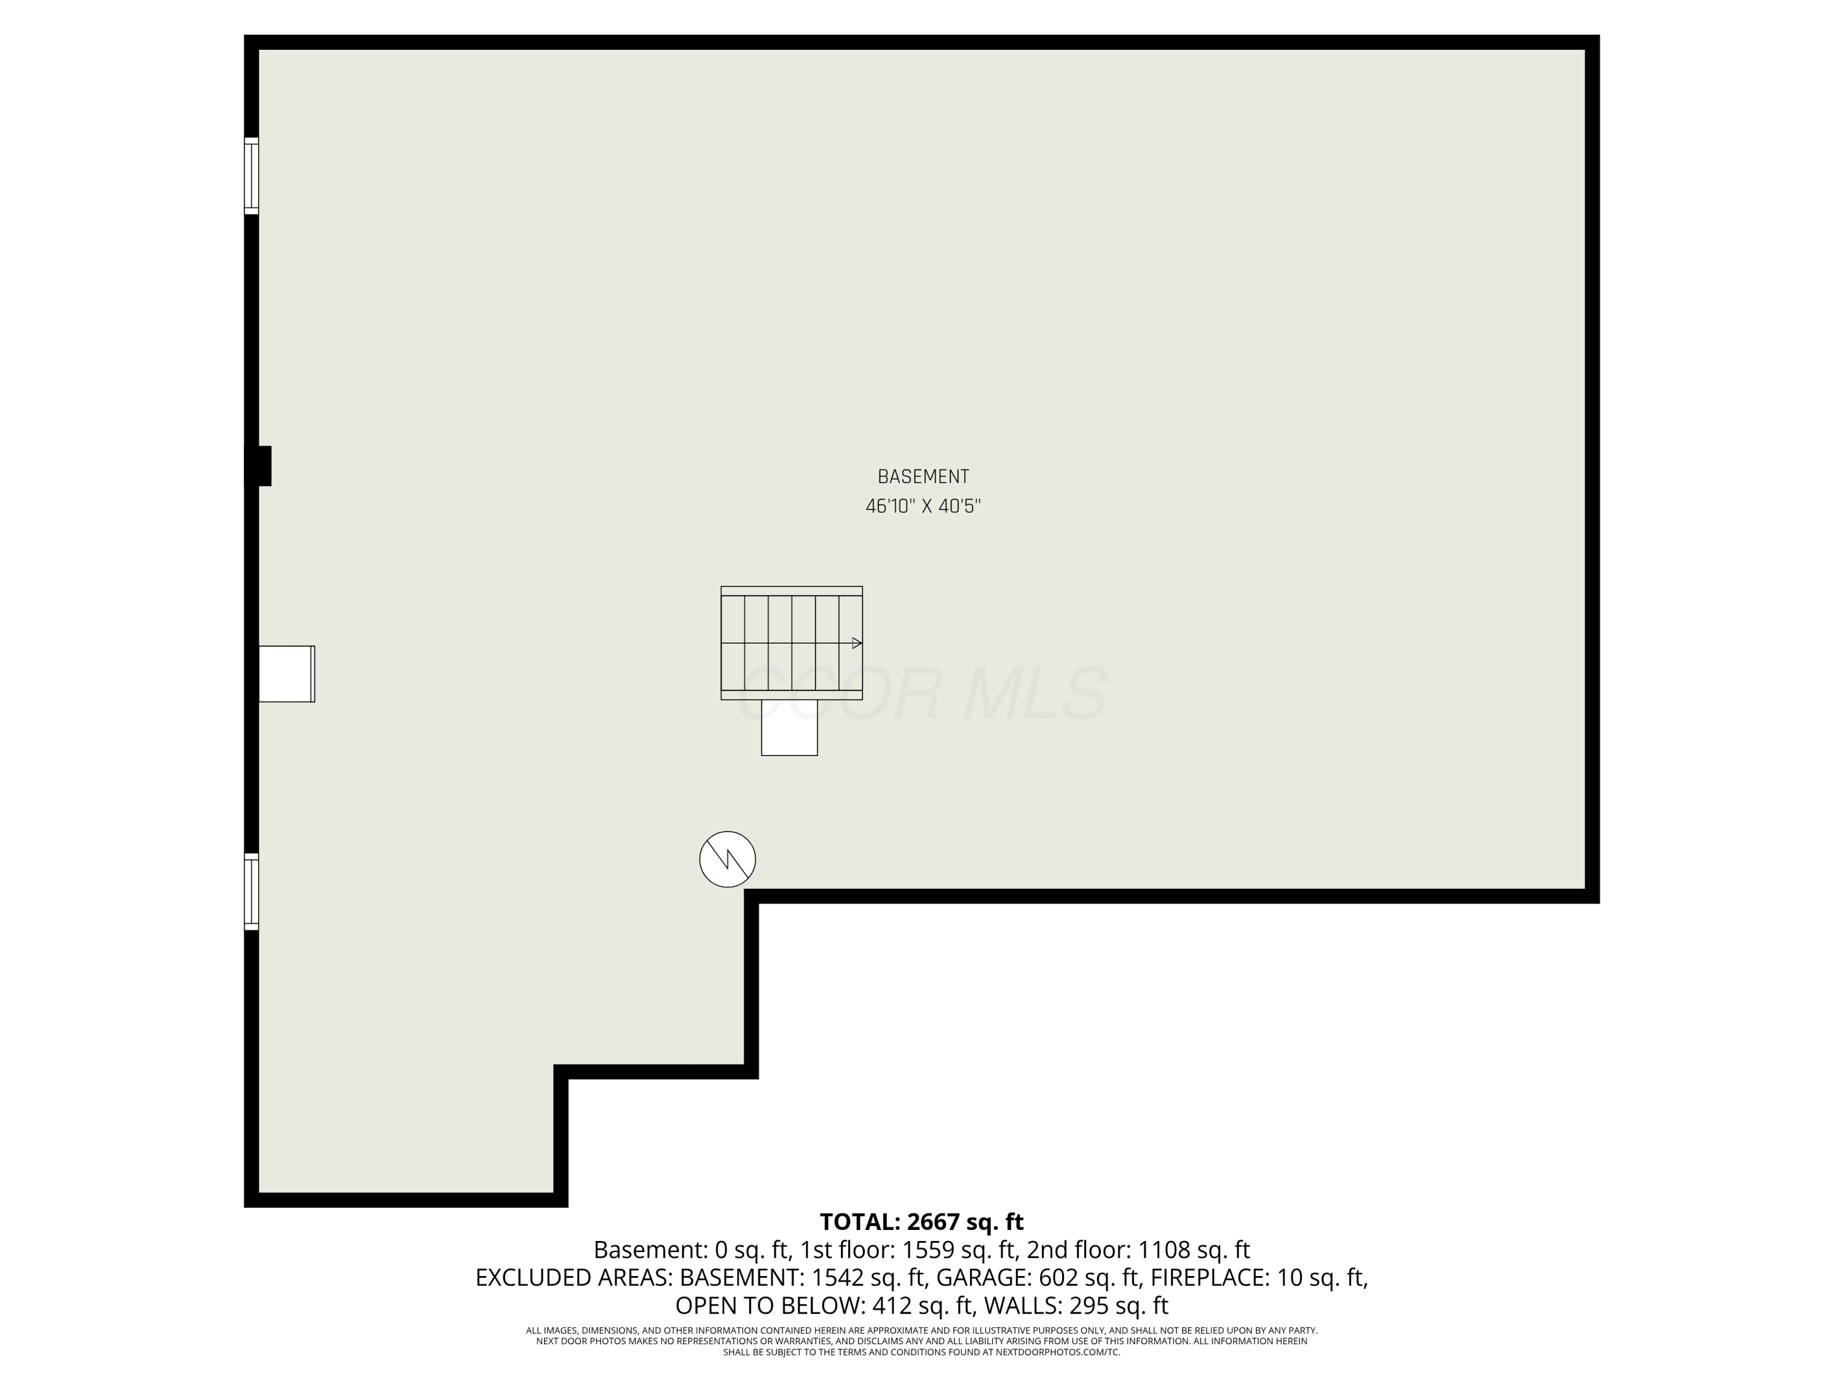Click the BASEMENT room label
[923, 477]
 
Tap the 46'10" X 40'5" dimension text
[923, 506]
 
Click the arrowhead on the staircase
[857, 643]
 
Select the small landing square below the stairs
[789, 728]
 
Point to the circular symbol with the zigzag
[728, 859]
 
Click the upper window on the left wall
[251, 176]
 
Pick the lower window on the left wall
[251, 891]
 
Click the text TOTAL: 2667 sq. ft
[921, 1222]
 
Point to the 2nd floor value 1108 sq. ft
[1194, 1250]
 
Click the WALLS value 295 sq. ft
[1117, 1306]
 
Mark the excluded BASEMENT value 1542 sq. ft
[867, 1278]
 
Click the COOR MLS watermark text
[923, 693]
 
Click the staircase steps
[791, 643]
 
